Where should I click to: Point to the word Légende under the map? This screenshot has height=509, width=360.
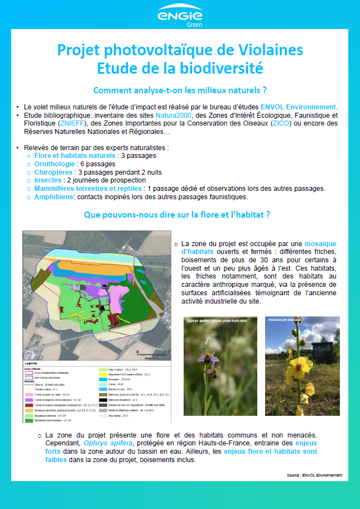pyautogui.click(x=33, y=363)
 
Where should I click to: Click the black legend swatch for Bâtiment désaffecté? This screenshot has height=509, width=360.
pyautogui.click(x=102, y=400)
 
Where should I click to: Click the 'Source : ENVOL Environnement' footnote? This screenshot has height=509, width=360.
pyautogui.click(x=315, y=476)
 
